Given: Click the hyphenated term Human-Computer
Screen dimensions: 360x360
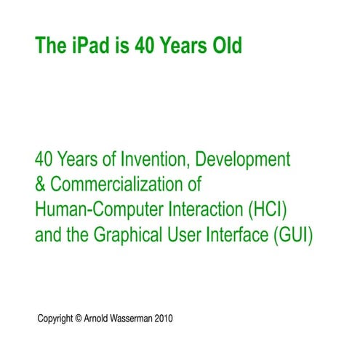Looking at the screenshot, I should (90, 211).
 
